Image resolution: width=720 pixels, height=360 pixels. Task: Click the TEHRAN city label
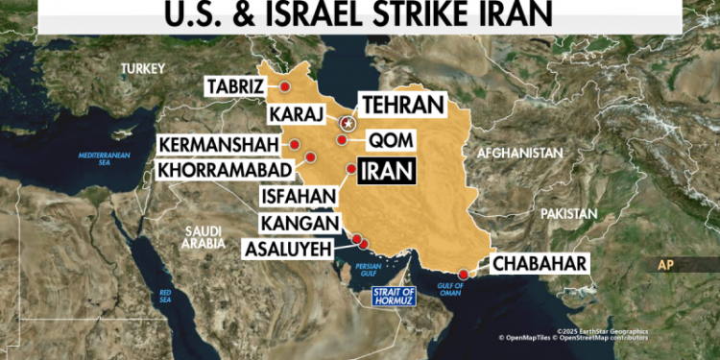401,105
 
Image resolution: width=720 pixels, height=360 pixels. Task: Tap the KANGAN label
299,224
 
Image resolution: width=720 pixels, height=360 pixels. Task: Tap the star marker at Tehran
348,123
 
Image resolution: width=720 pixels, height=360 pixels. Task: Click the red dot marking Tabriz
285,86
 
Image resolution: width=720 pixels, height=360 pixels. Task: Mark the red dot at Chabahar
465,275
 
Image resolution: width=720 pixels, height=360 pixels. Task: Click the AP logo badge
668,265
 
